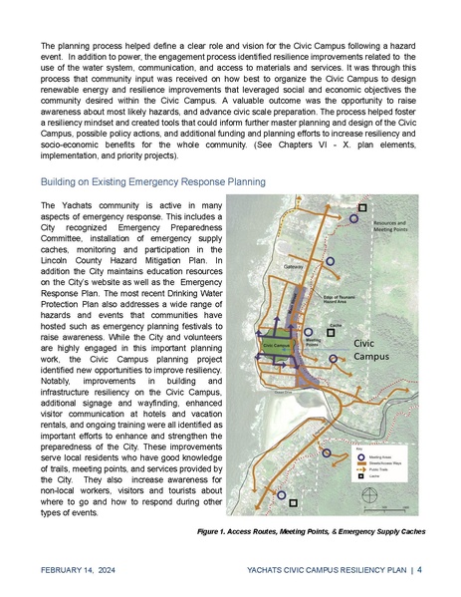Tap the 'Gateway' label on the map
coord(293,266)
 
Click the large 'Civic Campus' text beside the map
coord(377,348)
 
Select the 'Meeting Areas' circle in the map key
coord(360,454)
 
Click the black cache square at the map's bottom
coord(293,503)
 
